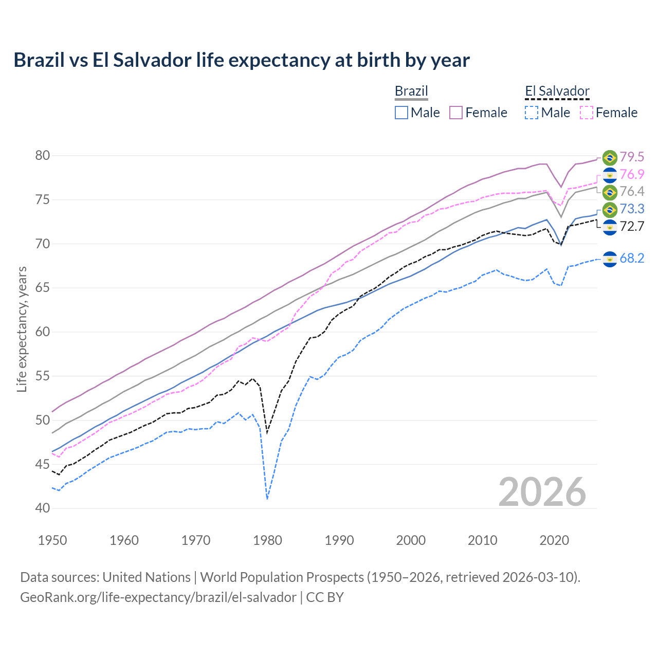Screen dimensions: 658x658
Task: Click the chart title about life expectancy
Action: [241, 60]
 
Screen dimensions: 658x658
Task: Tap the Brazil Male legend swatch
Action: [401, 113]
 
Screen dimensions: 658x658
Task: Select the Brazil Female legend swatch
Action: [456, 113]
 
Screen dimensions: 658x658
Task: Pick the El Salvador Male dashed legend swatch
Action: [532, 113]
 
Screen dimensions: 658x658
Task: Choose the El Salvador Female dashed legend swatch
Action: [587, 113]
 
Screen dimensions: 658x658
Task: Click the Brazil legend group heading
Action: [411, 92]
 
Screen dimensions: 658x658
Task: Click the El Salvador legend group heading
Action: [557, 92]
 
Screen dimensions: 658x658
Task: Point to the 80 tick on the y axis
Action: [43, 155]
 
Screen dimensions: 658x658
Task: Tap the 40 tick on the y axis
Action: [43, 508]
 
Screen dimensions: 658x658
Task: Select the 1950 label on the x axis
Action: [52, 540]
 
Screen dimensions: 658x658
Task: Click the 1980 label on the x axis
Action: [267, 540]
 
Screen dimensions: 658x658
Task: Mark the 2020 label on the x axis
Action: [554, 540]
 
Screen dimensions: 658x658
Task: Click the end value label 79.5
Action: [632, 157]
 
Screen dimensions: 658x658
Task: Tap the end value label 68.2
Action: [632, 258]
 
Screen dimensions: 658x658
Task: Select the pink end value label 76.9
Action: [632, 174]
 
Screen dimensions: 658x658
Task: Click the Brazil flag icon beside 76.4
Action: [610, 192]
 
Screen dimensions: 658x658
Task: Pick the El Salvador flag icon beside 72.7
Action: [610, 227]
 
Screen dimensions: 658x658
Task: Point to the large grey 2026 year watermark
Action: [542, 492]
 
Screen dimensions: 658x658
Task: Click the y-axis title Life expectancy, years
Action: [22, 329]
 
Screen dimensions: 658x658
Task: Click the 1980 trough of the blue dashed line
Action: [267, 499]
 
